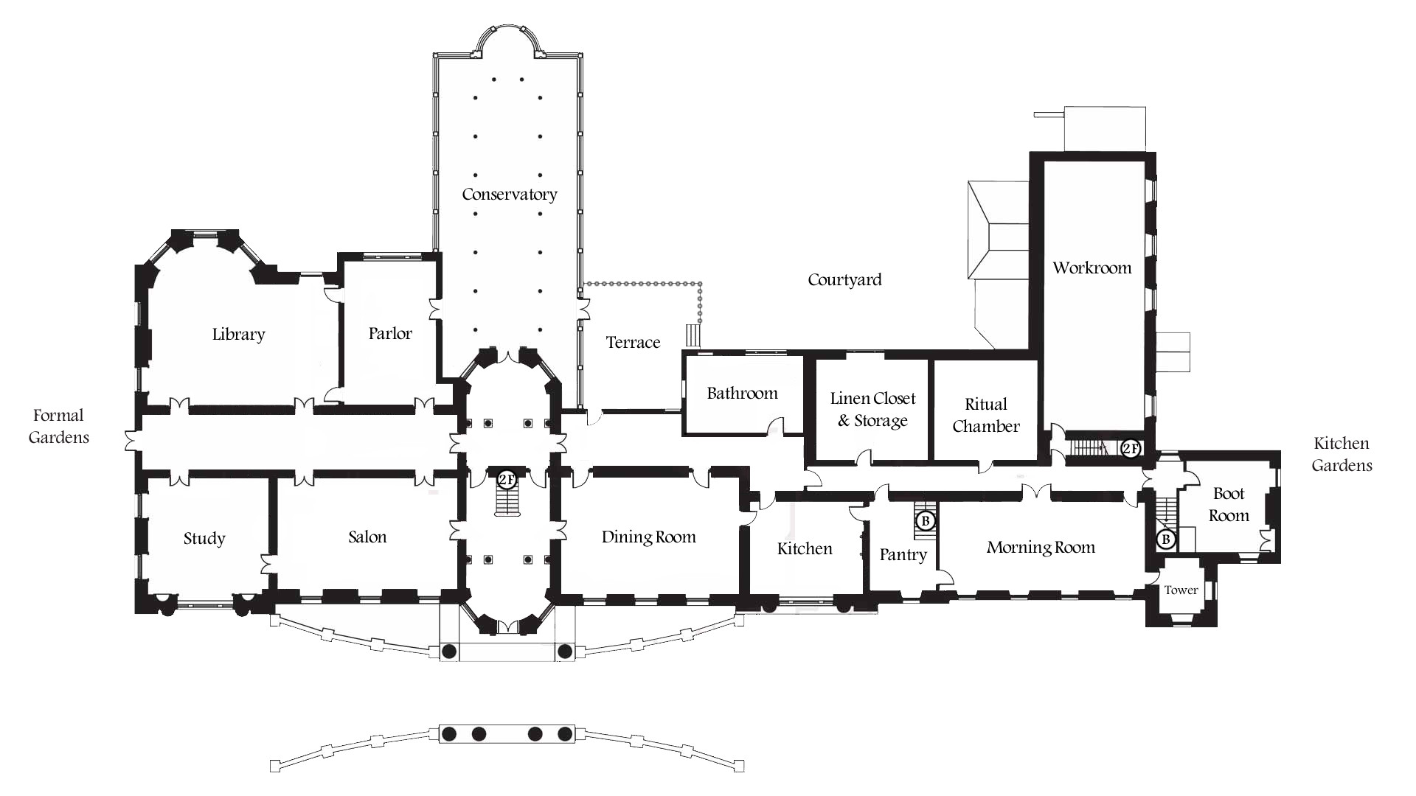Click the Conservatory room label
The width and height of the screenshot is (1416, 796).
click(x=510, y=195)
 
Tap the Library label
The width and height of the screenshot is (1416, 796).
click(x=238, y=335)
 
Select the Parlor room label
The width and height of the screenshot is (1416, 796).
click(x=390, y=333)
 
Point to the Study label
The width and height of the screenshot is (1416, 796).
click(x=204, y=539)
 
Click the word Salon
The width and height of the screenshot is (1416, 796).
click(x=367, y=537)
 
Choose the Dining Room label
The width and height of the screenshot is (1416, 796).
click(x=649, y=537)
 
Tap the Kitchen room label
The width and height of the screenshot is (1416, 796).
click(x=805, y=549)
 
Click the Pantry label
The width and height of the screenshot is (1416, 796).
click(x=903, y=555)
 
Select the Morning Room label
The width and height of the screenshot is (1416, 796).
click(x=1041, y=548)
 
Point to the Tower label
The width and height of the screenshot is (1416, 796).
click(x=1181, y=590)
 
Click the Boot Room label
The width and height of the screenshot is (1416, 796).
click(x=1229, y=505)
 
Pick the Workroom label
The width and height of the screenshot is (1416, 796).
click(x=1092, y=268)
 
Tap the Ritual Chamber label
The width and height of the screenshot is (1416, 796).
click(x=986, y=415)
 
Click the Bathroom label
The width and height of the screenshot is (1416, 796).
click(x=742, y=394)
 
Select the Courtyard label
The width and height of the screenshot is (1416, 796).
click(x=844, y=280)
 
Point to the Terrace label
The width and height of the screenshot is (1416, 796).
click(x=633, y=343)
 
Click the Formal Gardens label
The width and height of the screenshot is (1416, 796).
click(x=59, y=426)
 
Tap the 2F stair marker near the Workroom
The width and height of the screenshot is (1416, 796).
click(x=1131, y=448)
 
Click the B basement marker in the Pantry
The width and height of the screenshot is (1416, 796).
click(x=926, y=521)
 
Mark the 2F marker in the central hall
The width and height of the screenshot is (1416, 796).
click(x=507, y=480)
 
